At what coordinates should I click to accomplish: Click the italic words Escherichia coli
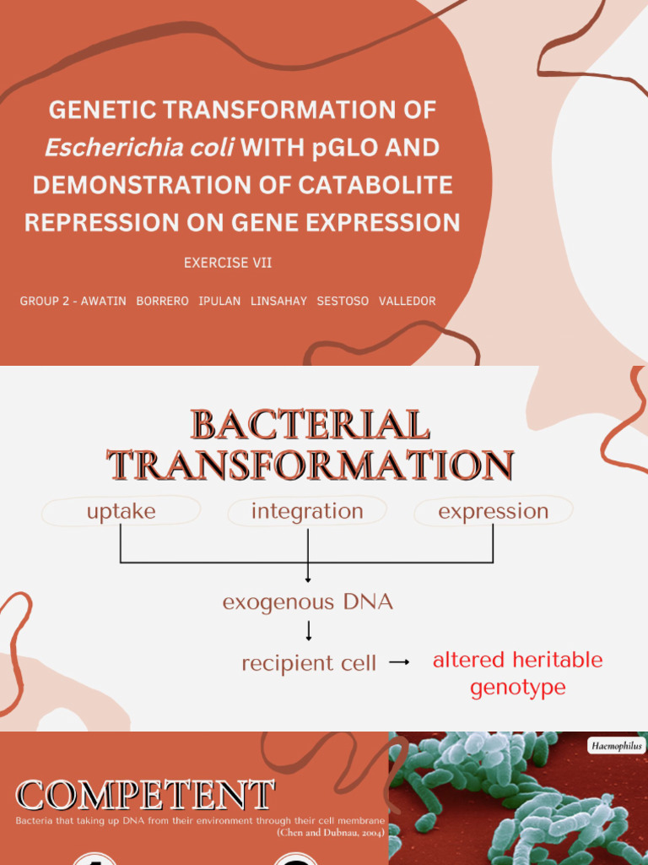(139, 148)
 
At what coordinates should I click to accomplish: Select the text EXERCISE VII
(228, 263)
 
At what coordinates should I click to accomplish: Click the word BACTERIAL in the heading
(310, 425)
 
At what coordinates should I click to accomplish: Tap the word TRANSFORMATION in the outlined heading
(310, 465)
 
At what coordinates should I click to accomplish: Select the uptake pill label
(121, 511)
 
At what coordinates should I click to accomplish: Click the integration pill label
(307, 511)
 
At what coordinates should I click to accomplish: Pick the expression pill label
(493, 511)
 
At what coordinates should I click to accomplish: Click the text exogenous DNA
(307, 602)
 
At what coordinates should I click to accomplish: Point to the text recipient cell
(309, 664)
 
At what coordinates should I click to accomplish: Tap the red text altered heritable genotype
(517, 673)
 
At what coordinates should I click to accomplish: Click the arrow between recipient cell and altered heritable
(399, 663)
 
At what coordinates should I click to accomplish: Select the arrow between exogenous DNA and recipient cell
(309, 631)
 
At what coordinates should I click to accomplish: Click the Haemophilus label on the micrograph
(615, 746)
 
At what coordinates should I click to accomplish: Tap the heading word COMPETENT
(145, 796)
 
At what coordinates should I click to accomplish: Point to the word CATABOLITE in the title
(372, 185)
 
